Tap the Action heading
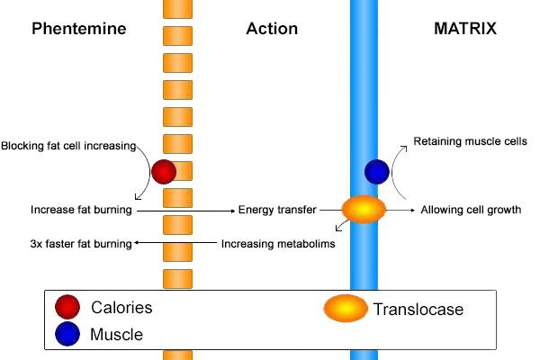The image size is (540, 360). (x=272, y=29)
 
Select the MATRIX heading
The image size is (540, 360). (x=464, y=29)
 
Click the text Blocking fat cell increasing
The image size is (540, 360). (x=68, y=145)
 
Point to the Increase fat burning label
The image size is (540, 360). (x=81, y=210)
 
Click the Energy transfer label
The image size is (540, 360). (x=277, y=210)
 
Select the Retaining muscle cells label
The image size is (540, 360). (x=470, y=141)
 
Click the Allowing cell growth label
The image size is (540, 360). (x=471, y=210)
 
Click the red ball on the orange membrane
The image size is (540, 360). (x=164, y=171)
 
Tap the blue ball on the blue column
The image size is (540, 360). (x=376, y=171)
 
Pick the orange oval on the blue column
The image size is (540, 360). (x=364, y=211)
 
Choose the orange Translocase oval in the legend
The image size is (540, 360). (x=345, y=309)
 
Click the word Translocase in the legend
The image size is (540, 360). (x=418, y=310)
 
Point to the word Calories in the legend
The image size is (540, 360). (x=121, y=307)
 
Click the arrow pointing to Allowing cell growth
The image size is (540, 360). (x=401, y=210)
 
